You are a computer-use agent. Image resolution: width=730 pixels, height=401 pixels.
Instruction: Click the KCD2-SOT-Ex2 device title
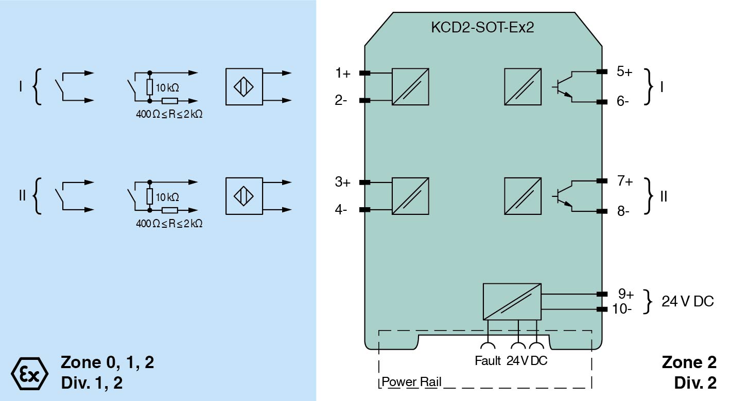(482, 27)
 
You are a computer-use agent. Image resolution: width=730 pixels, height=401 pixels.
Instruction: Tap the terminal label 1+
(342, 74)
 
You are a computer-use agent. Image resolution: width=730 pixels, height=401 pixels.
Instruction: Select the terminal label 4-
(341, 210)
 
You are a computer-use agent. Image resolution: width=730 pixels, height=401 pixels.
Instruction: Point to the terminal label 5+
(624, 71)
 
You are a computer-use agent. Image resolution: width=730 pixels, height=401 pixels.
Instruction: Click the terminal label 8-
(623, 211)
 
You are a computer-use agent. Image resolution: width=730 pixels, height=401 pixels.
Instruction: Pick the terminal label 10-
(622, 309)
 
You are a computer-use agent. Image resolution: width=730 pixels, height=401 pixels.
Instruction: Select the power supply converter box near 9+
(512, 302)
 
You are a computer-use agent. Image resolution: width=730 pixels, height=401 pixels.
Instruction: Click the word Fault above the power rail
(488, 361)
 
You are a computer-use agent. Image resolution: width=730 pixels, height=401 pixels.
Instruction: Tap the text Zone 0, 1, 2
(107, 362)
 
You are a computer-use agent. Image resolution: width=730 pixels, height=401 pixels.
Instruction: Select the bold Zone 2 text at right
(689, 362)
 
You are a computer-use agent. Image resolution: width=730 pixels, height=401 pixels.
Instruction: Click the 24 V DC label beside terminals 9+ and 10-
(688, 301)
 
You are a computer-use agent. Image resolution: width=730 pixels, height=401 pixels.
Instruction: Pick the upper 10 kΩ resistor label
(167, 87)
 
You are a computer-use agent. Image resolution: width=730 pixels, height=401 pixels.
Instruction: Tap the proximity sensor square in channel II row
(244, 196)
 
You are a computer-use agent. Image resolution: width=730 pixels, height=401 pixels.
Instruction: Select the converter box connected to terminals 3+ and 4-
(410, 196)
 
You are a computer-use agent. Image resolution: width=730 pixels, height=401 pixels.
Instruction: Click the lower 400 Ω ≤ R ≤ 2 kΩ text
(169, 224)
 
